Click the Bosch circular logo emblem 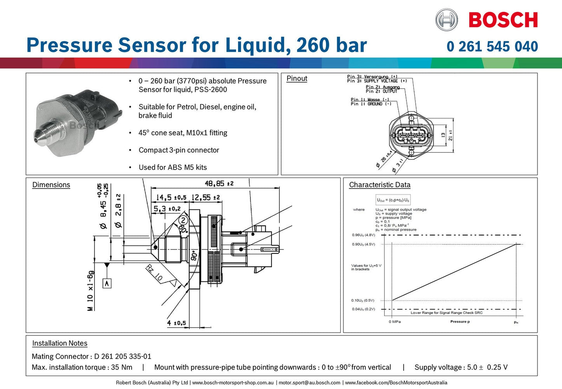click(x=446, y=20)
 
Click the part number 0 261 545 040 click(x=492, y=47)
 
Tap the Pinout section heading click(x=297, y=78)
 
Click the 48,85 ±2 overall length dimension click(x=219, y=183)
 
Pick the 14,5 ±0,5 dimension click(x=171, y=197)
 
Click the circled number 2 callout click(x=183, y=220)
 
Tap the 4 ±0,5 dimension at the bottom click(x=176, y=323)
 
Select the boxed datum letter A click(x=107, y=283)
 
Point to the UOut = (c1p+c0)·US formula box click(x=393, y=200)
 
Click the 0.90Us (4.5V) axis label click(x=363, y=244)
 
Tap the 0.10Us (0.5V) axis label click(x=362, y=300)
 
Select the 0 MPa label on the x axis click(x=394, y=322)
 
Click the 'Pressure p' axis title click(x=460, y=322)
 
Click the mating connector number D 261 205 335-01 click(x=123, y=356)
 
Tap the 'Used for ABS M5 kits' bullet click(x=172, y=167)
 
